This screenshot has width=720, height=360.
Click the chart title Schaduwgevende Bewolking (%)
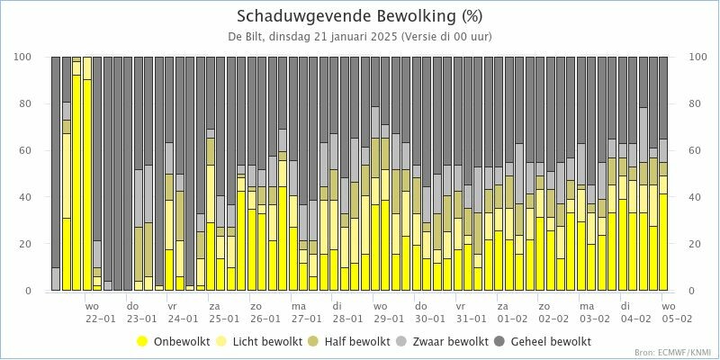pyautogui.click(x=359, y=16)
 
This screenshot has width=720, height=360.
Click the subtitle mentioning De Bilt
pyautogui.click(x=359, y=37)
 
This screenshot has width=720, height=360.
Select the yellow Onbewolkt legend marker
pyautogui.click(x=142, y=342)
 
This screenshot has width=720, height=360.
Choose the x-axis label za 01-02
pyautogui.click(x=511, y=311)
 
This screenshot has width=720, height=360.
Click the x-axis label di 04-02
pyautogui.click(x=634, y=311)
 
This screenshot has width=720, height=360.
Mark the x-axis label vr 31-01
pyautogui.click(x=470, y=311)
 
